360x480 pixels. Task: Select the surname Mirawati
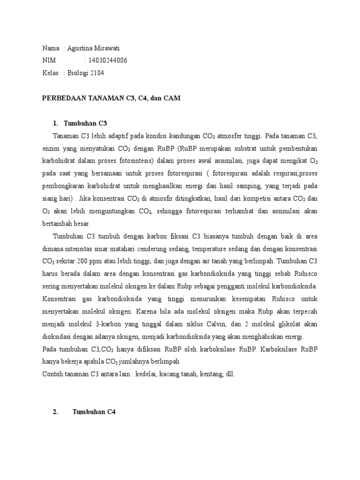click(x=111, y=48)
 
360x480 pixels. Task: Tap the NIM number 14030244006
click(x=105, y=60)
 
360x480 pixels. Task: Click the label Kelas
click(x=50, y=73)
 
